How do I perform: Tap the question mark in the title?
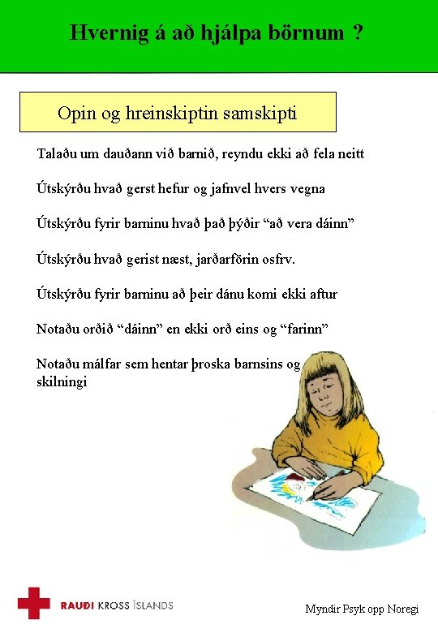358,33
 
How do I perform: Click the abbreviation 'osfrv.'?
276,259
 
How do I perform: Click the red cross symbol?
34,603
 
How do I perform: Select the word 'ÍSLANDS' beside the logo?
151,605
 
